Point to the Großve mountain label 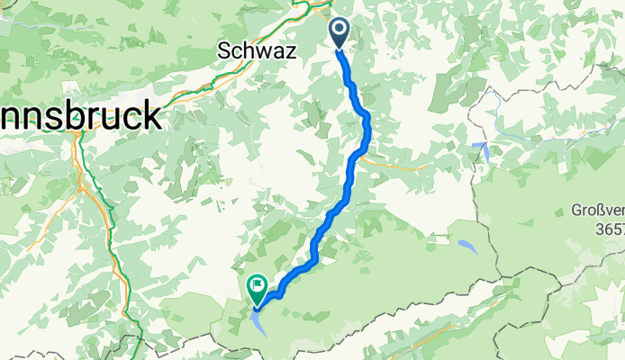coord(597,211)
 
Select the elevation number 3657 coord(605,230)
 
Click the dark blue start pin coord(340,33)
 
